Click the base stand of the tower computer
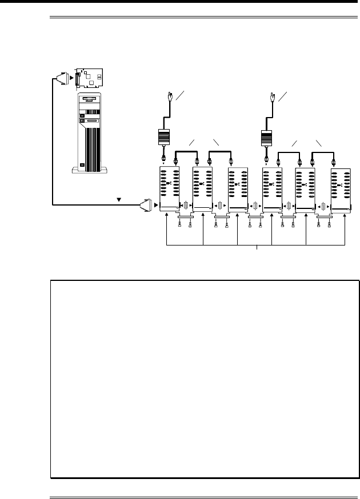[87, 170]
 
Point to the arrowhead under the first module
[166, 215]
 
